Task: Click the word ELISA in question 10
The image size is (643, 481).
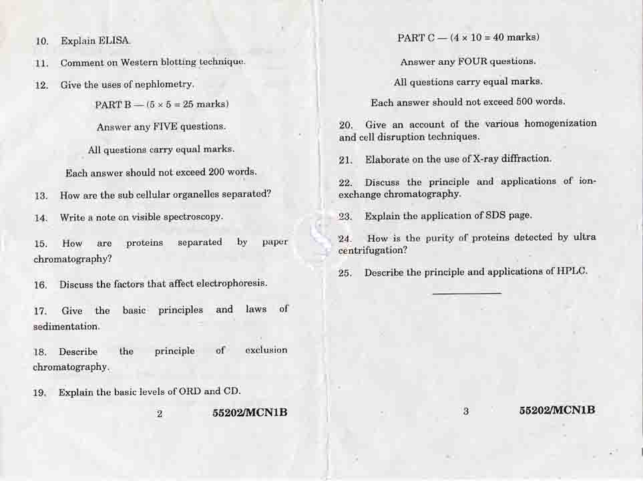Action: (x=115, y=41)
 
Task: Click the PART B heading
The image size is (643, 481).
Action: (x=162, y=105)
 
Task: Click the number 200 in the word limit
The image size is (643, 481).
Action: (x=216, y=172)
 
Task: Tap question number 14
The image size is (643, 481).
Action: (x=41, y=218)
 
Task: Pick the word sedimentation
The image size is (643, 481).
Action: (x=66, y=327)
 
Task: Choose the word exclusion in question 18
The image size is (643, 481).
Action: (x=266, y=350)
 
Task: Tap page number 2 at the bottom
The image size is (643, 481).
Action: (x=160, y=414)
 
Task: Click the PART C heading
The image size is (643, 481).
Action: (x=467, y=37)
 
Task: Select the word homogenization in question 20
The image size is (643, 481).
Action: (x=560, y=124)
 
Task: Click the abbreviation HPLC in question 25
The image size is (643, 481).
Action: (x=572, y=271)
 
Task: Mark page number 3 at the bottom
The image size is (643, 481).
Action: (x=465, y=412)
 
